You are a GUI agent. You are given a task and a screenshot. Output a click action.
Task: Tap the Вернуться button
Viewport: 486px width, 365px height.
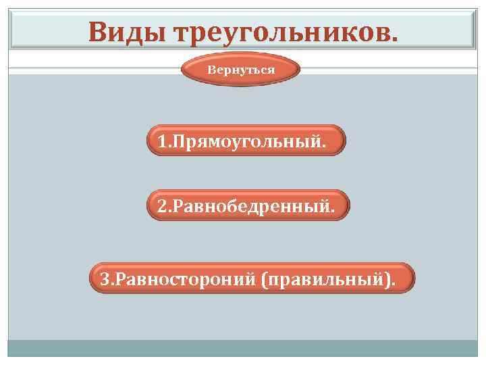pyautogui.click(x=241, y=70)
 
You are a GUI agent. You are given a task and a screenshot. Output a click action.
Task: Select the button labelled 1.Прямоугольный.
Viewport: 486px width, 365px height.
pyautogui.click(x=246, y=141)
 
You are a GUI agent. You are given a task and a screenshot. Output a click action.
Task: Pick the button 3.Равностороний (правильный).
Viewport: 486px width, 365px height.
pyautogui.click(x=252, y=278)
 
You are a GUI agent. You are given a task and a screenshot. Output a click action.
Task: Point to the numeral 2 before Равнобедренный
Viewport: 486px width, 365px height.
pyautogui.click(x=161, y=205)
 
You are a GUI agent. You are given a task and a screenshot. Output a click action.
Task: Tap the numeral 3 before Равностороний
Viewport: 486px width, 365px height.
pyautogui.click(x=104, y=278)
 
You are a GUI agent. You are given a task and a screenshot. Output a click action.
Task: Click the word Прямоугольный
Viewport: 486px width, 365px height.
pyautogui.click(x=247, y=141)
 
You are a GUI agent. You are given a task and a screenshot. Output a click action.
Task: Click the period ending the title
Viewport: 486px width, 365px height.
pyautogui.click(x=394, y=39)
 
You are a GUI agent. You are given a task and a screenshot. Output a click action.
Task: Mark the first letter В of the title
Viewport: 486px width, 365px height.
pyautogui.click(x=97, y=31)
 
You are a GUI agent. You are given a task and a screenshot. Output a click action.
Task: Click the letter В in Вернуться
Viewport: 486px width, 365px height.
pyautogui.click(x=211, y=70)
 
